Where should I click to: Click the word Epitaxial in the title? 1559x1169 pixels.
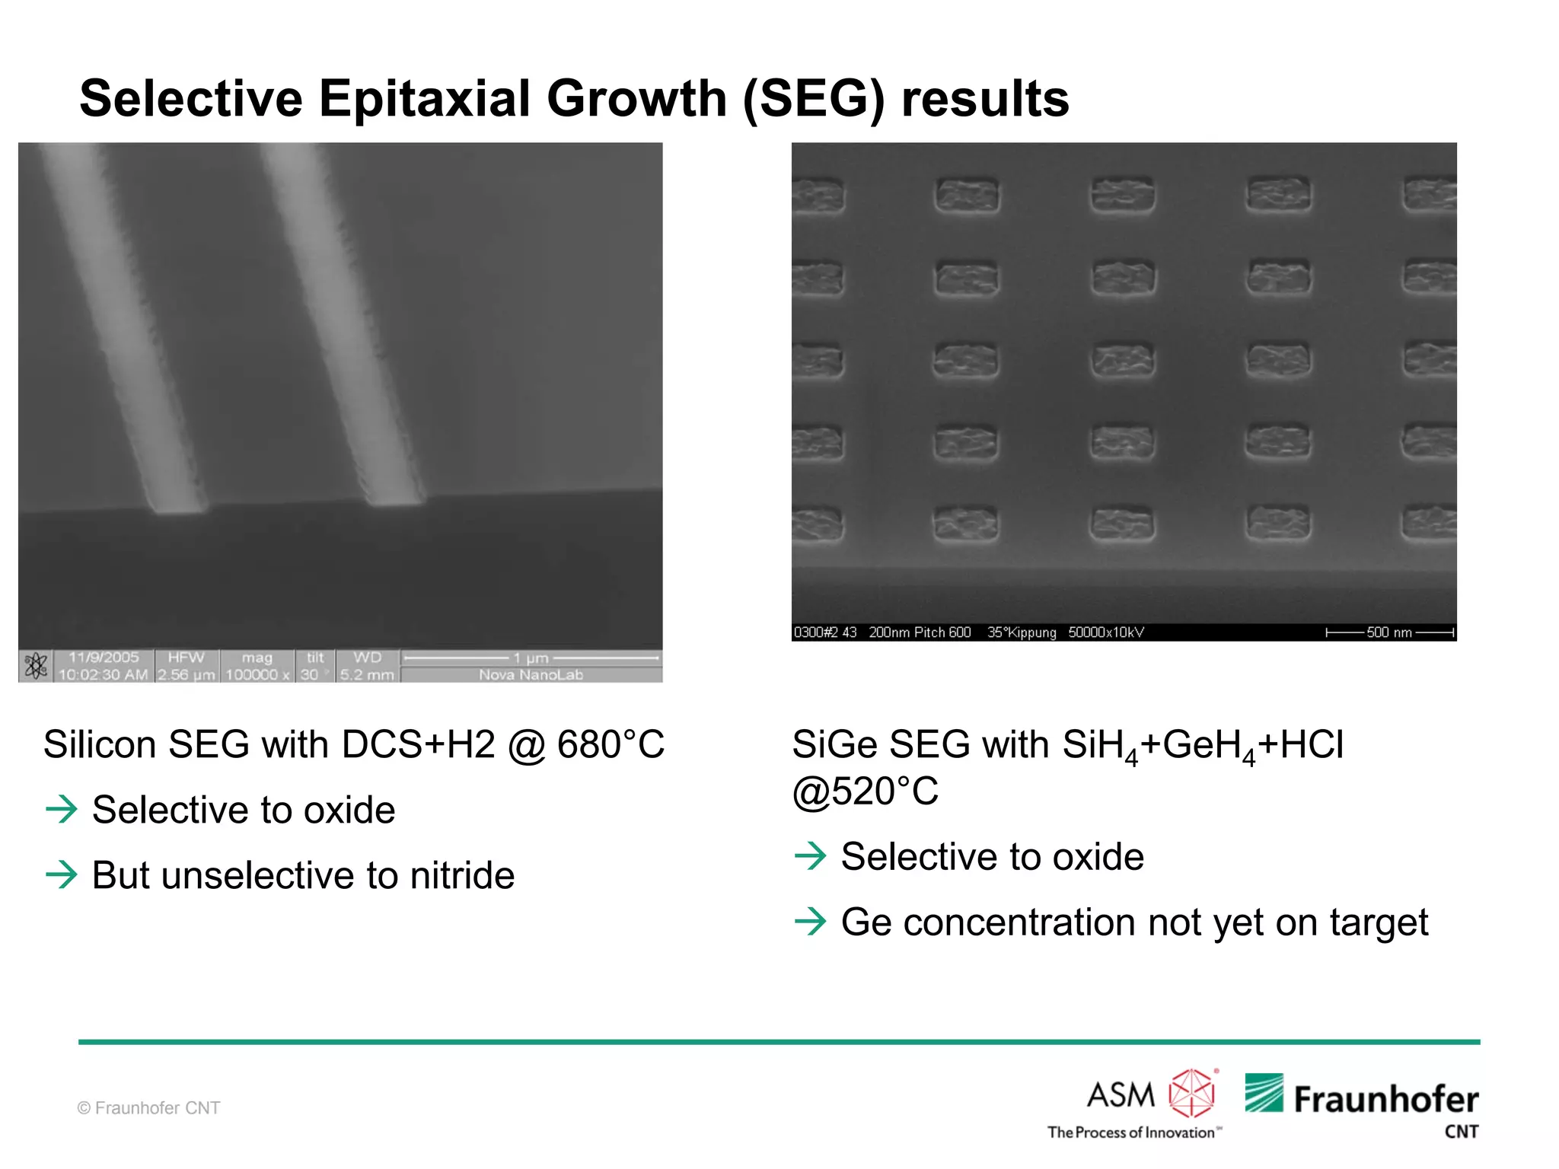point(424,99)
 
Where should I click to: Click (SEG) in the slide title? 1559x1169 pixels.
point(813,99)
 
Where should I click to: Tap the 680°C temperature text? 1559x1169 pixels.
point(611,744)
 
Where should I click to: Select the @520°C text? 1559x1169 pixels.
point(865,792)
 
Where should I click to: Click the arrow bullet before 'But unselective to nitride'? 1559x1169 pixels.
point(62,874)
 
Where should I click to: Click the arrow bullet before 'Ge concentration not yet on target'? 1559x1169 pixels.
point(810,922)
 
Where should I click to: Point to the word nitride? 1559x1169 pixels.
point(462,875)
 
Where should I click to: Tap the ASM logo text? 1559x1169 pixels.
point(1121,1095)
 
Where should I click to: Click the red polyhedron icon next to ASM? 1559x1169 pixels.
point(1192,1093)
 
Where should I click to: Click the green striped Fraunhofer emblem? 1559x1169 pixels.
point(1264,1093)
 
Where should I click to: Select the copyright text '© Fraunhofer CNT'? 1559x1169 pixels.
point(149,1108)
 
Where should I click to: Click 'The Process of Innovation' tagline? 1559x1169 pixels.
point(1132,1132)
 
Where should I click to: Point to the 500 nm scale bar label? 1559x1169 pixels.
point(1388,632)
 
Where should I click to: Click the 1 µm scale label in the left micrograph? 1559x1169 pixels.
point(531,658)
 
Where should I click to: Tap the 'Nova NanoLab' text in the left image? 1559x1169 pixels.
point(531,675)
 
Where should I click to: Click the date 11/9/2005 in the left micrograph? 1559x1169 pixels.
point(104,658)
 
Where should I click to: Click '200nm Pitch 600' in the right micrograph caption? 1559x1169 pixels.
point(920,632)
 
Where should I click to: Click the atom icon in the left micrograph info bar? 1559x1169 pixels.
point(36,666)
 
